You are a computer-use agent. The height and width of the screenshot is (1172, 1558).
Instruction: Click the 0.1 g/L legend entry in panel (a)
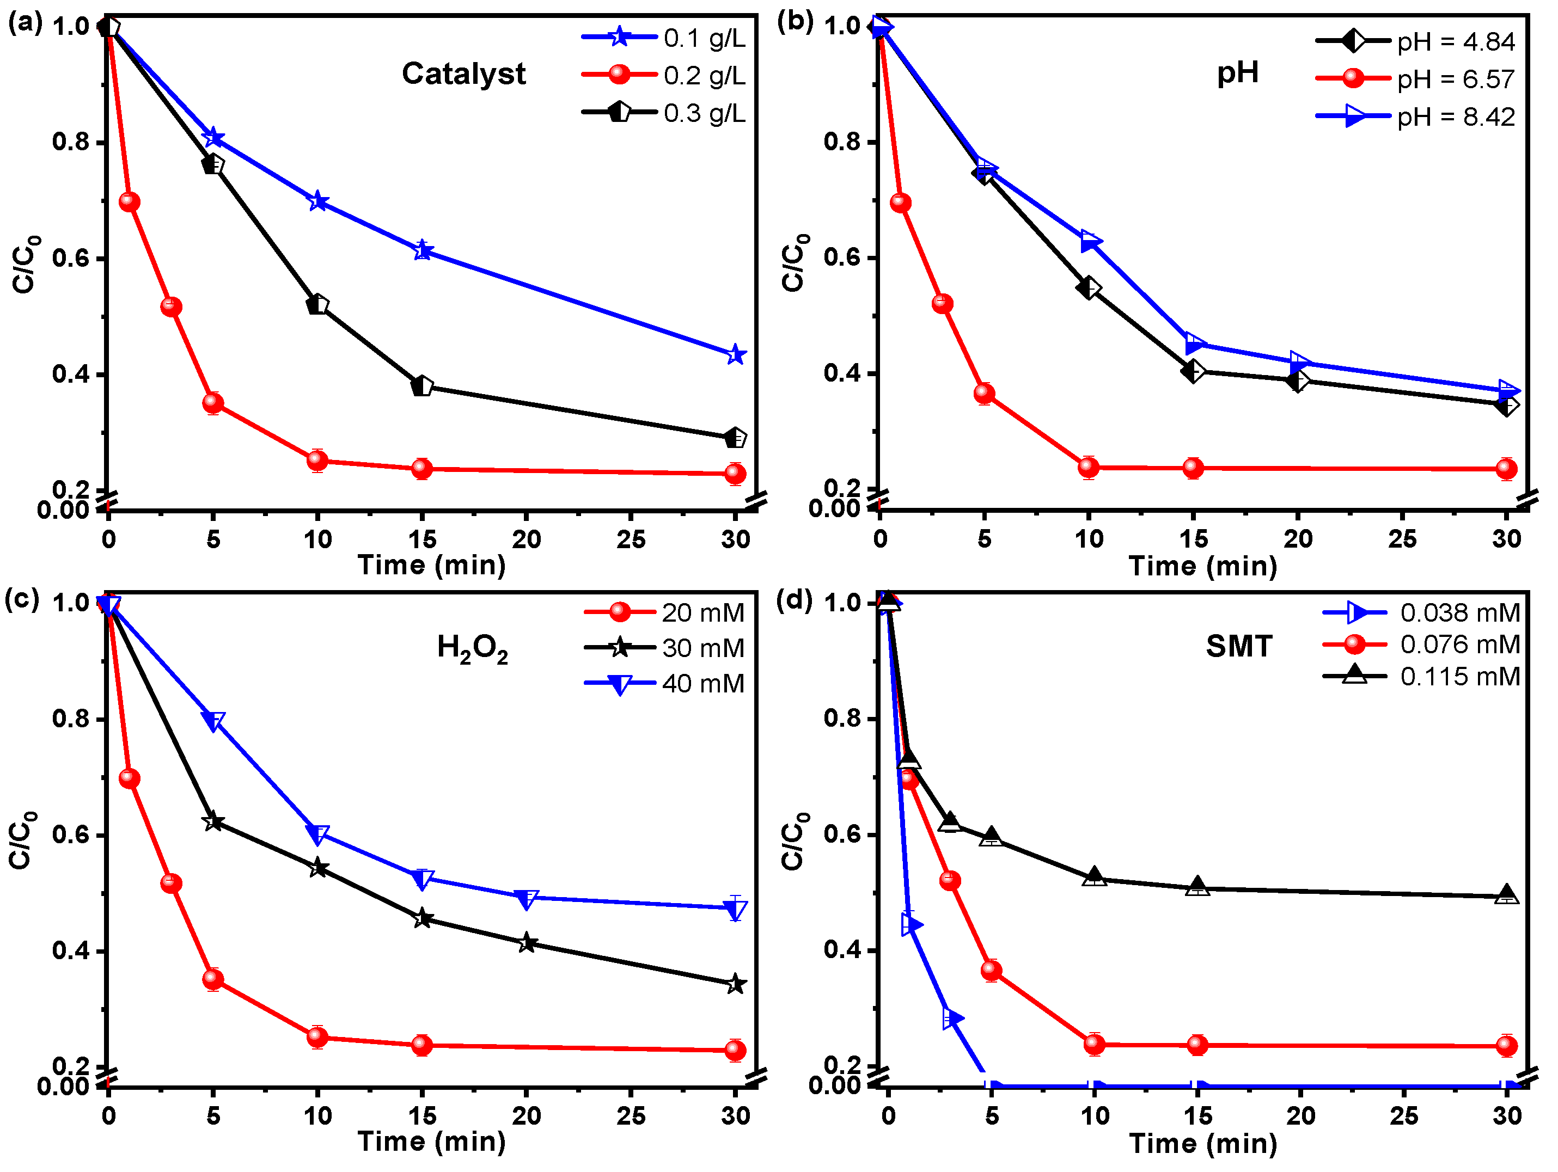703,38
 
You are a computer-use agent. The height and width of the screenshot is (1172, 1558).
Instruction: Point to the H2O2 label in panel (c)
472,648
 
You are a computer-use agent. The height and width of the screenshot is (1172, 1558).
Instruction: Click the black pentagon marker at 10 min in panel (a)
317,305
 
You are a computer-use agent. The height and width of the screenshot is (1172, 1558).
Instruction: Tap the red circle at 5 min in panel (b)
984,394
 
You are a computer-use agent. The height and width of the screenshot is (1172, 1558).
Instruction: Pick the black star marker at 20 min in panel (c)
526,943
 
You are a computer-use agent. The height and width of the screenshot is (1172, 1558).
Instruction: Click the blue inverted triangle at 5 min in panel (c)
213,721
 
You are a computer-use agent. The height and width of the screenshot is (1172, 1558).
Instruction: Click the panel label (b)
795,22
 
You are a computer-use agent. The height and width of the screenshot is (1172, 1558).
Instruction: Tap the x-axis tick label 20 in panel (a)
526,540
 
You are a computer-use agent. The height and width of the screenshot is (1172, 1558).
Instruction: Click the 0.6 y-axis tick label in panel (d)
842,834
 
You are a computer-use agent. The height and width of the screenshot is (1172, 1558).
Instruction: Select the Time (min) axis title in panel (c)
431,1141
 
